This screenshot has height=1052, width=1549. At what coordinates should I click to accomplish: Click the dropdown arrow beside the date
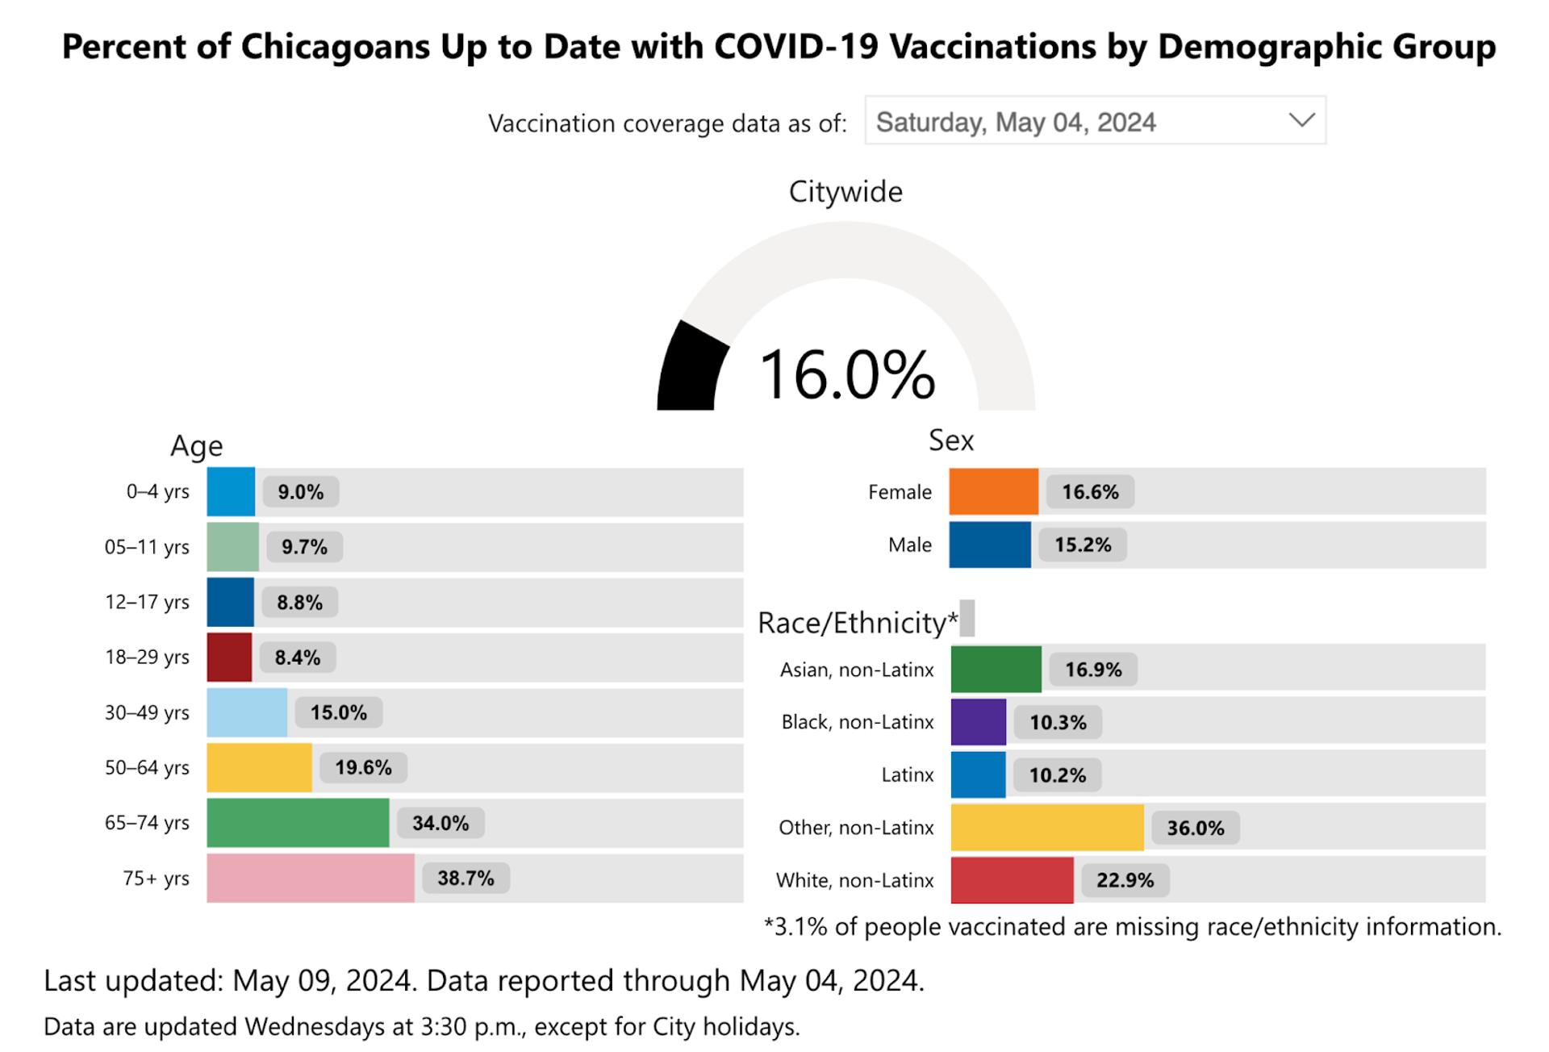coord(1301,121)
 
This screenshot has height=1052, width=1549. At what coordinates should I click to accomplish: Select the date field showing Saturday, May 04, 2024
coord(1016,122)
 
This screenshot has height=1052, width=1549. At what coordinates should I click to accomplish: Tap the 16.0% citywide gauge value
coord(846,374)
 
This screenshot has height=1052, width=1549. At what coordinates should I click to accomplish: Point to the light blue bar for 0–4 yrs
coord(231,491)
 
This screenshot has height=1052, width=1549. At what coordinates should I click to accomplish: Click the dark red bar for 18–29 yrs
coord(229,657)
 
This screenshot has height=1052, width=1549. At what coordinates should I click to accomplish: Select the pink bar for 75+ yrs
coord(311,878)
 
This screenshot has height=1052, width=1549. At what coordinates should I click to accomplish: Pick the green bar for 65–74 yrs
coord(298,822)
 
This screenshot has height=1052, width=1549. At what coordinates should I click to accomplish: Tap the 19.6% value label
coord(363,767)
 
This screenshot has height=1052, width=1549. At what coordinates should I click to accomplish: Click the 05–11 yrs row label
coord(147,547)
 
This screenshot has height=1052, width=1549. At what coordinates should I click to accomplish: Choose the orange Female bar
coord(993,491)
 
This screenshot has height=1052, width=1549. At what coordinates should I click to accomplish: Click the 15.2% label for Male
coord(1083,545)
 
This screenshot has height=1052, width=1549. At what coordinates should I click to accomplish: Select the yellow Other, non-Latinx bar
coord(1047,827)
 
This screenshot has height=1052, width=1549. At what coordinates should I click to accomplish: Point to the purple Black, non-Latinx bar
coord(978,721)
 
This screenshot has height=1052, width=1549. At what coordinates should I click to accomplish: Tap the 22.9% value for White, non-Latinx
coord(1125,879)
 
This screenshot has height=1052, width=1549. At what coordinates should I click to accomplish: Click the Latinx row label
coord(907,774)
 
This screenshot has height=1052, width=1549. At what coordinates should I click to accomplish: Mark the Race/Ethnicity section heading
coord(858,623)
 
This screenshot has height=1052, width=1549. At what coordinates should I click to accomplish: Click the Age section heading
coord(196,445)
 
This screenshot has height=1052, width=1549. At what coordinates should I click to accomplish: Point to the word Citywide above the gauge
coord(845,192)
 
